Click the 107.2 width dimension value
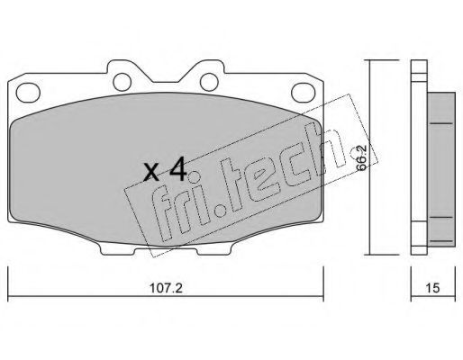click(166, 288)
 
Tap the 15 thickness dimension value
click(432, 288)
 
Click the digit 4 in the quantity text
click(178, 170)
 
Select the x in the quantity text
click(151, 173)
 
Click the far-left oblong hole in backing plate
click(28, 92)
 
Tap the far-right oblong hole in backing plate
click(304, 92)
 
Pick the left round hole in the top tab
click(123, 82)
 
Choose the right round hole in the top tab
click(209, 82)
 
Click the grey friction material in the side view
click(440, 169)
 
